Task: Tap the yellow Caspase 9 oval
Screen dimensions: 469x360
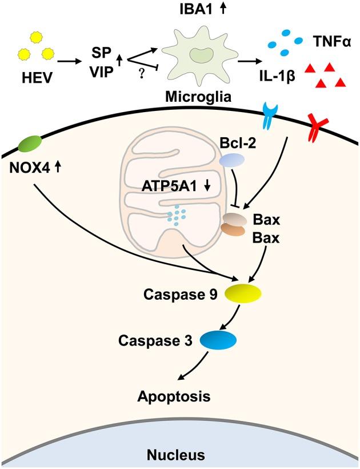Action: pyautogui.click(x=243, y=293)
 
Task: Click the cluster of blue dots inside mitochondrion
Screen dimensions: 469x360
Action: pyautogui.click(x=180, y=214)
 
